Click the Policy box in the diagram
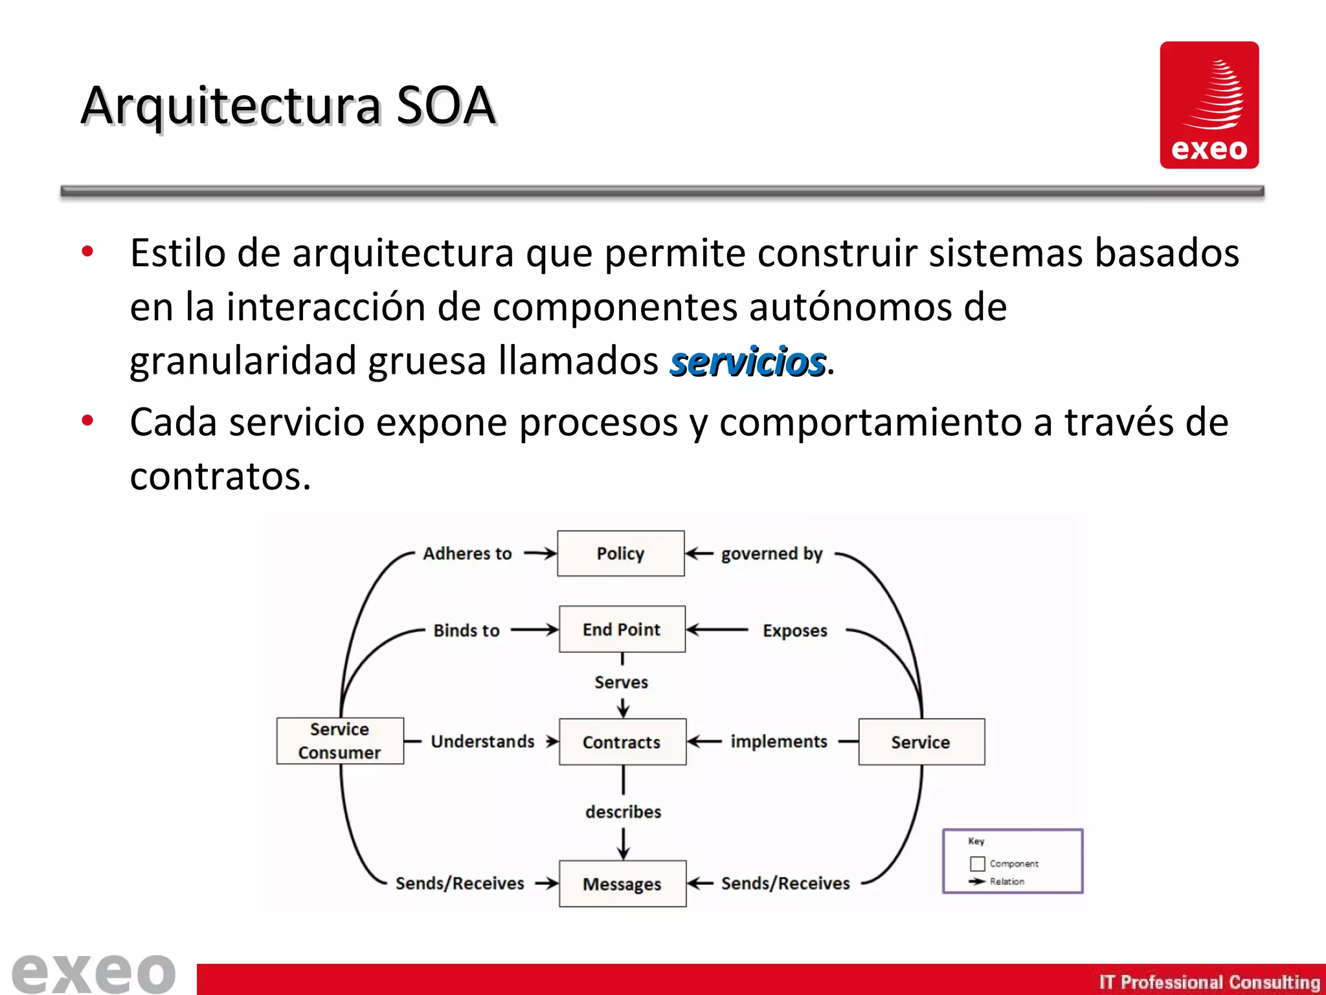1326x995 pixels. tap(620, 553)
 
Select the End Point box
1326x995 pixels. tap(622, 629)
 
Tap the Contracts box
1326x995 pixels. tap(622, 742)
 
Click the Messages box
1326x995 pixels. tap(622, 884)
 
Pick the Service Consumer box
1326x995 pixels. tap(340, 741)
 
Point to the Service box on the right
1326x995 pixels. tap(921, 742)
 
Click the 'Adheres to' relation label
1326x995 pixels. tap(467, 554)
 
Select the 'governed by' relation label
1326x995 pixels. tap(772, 554)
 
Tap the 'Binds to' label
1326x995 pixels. tap(466, 630)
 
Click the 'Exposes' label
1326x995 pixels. tap(795, 630)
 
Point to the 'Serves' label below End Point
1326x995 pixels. tap(622, 682)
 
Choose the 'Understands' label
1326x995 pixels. tap(483, 741)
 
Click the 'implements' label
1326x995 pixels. tap(779, 741)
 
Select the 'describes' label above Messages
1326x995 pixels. tap(623, 812)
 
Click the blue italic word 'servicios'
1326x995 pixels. tap(748, 361)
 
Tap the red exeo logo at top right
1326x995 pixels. tap(1209, 105)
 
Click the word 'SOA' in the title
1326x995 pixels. tap(445, 106)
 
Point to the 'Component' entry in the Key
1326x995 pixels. tap(1013, 863)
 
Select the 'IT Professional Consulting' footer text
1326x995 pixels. tap(1209, 982)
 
